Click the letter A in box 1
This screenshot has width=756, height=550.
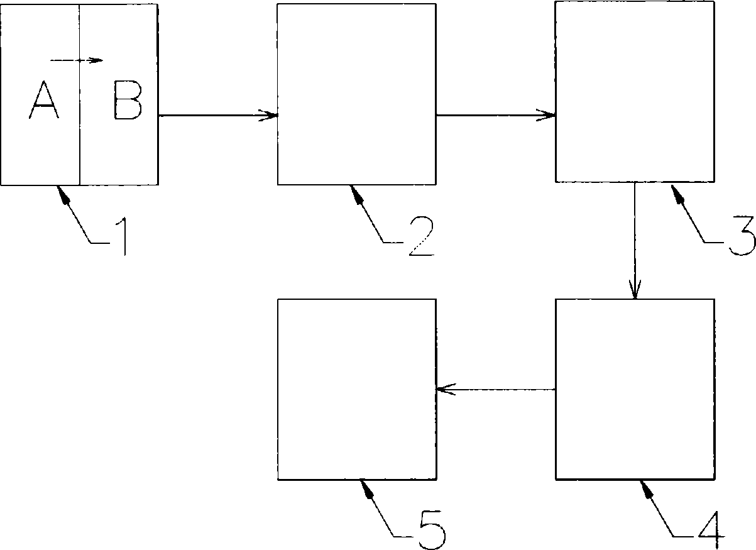pos(43,102)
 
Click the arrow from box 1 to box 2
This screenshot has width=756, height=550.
pos(217,115)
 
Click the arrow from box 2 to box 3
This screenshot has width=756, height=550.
pos(495,115)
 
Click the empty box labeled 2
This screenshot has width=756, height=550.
pos(356,94)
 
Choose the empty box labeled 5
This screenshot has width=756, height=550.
pos(356,389)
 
